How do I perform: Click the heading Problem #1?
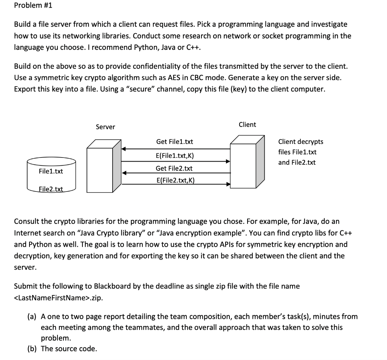pyautogui.click(x=28, y=6)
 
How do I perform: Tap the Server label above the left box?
pyautogui.click(x=105, y=127)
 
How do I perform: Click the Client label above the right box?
pyautogui.click(x=248, y=125)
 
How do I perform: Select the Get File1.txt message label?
pyautogui.click(x=175, y=142)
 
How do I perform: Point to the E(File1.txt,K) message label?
pyautogui.click(x=175, y=156)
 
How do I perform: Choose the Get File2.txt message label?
pyautogui.click(x=175, y=168)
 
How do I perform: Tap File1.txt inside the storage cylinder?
pyautogui.click(x=51, y=172)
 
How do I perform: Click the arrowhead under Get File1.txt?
pyautogui.click(x=124, y=149)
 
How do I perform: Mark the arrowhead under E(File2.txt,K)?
pyautogui.click(x=228, y=185)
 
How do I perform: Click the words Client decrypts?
pyautogui.click(x=300, y=142)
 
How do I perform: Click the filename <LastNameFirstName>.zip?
pyautogui.click(x=58, y=298)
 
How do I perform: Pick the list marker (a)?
pyautogui.click(x=32, y=316)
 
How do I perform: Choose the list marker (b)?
pyautogui.click(x=32, y=349)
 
